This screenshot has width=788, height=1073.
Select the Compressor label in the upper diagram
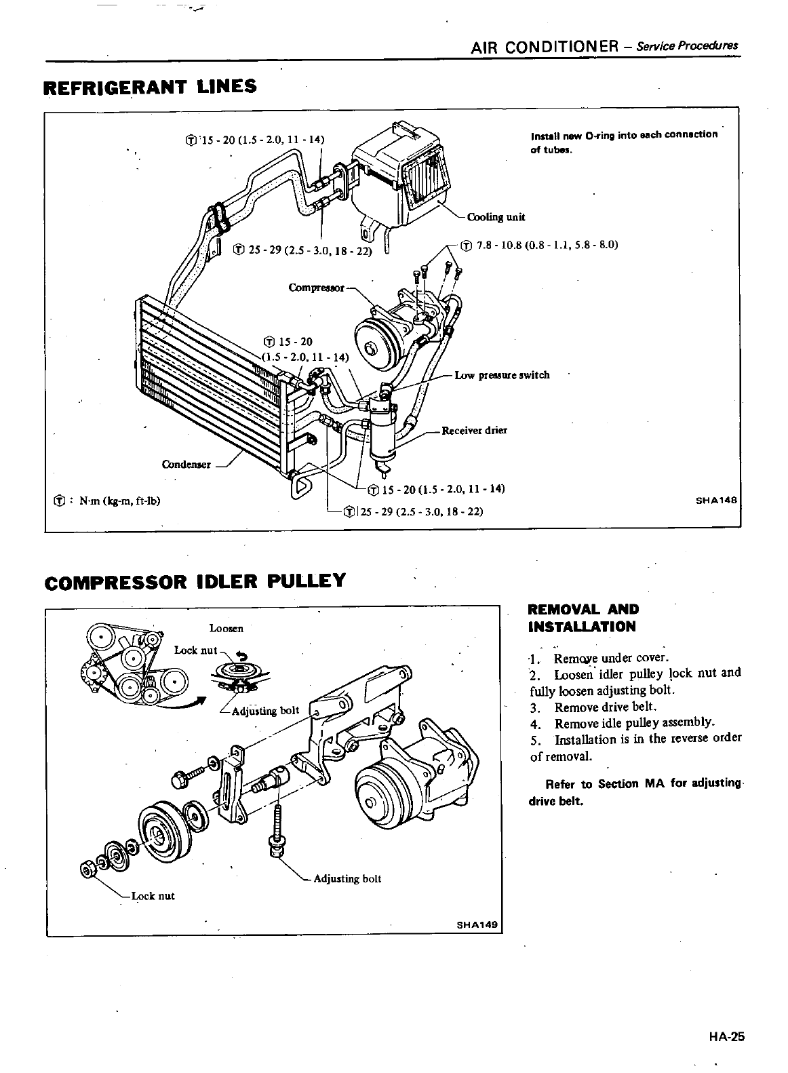tap(316, 287)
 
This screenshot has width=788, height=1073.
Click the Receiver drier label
tap(474, 430)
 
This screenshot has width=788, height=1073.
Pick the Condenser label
tap(186, 465)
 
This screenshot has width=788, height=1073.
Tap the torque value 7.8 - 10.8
tap(539, 245)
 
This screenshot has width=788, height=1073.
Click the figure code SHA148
tap(717, 503)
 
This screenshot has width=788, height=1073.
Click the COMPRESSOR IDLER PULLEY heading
tap(195, 581)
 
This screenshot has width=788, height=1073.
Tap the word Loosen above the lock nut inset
tap(226, 628)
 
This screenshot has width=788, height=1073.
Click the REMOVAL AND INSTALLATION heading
tap(583, 617)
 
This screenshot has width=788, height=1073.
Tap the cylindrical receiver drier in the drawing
tap(379, 434)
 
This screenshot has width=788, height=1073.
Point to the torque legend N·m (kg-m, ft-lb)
tap(109, 501)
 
